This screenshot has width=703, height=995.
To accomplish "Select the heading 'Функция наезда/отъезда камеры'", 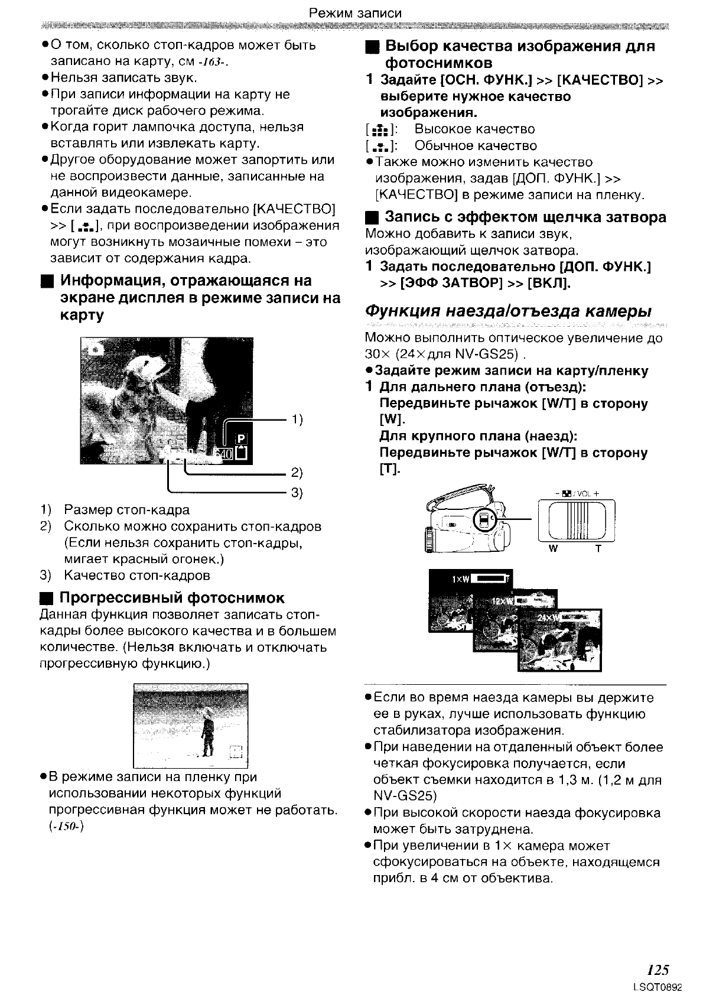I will tap(509, 311).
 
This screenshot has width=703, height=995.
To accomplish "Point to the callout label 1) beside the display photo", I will tap(297, 420).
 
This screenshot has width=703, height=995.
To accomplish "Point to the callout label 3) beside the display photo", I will tap(297, 493).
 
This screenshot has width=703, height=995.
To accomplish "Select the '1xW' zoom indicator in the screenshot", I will tap(460, 579).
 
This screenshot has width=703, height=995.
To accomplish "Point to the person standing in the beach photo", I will tap(207, 731).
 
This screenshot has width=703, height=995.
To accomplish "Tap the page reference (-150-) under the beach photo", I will tap(65, 826).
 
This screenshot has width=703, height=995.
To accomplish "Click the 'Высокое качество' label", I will tap(474, 129).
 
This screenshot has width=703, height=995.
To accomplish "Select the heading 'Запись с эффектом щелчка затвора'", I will tap(525, 217).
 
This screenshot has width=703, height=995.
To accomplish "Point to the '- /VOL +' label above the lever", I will tap(577, 493).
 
